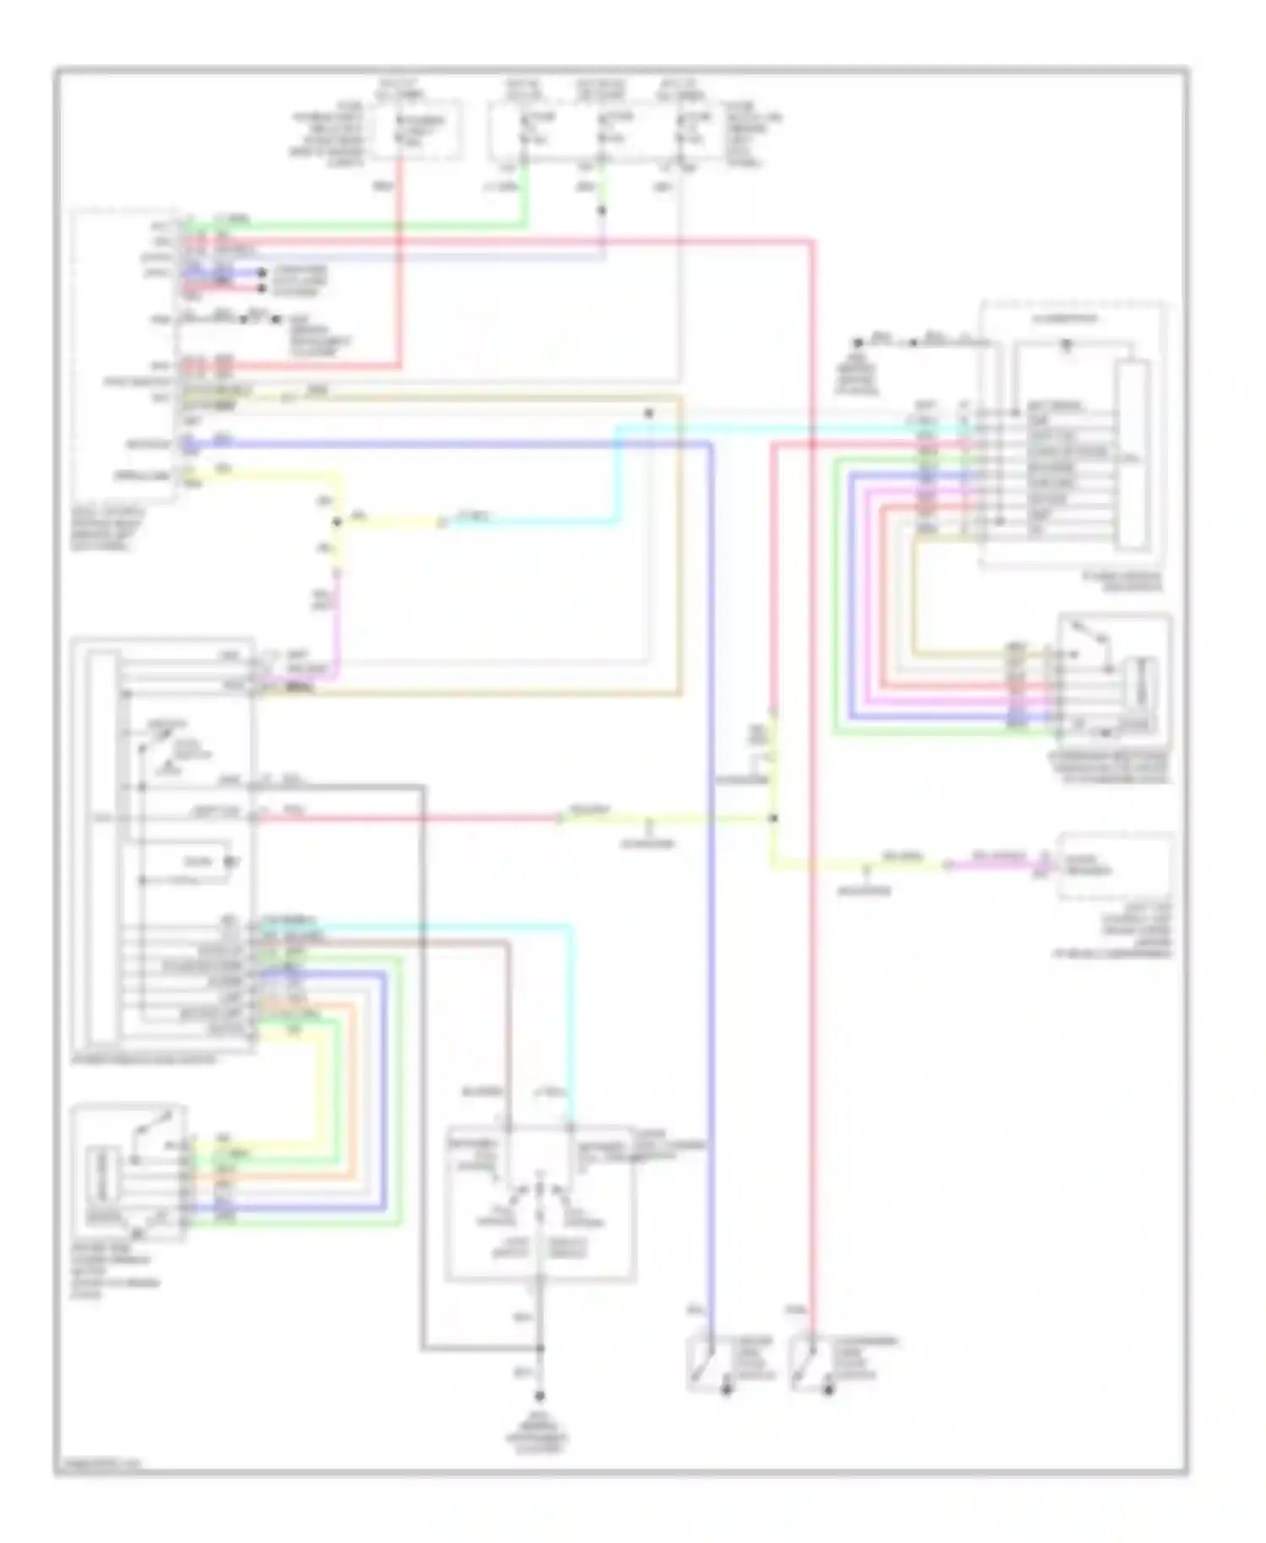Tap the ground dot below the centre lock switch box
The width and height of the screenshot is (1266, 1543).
[540, 1397]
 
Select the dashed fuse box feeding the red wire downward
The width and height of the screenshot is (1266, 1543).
[417, 129]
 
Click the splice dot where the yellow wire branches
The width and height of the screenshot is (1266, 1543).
[337, 522]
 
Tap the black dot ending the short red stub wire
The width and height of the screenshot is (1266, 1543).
[262, 289]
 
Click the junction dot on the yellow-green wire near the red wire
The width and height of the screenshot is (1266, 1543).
[773, 818]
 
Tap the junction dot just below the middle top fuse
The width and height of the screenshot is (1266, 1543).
[602, 210]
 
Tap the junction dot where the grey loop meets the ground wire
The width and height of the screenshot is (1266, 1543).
[540, 1349]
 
